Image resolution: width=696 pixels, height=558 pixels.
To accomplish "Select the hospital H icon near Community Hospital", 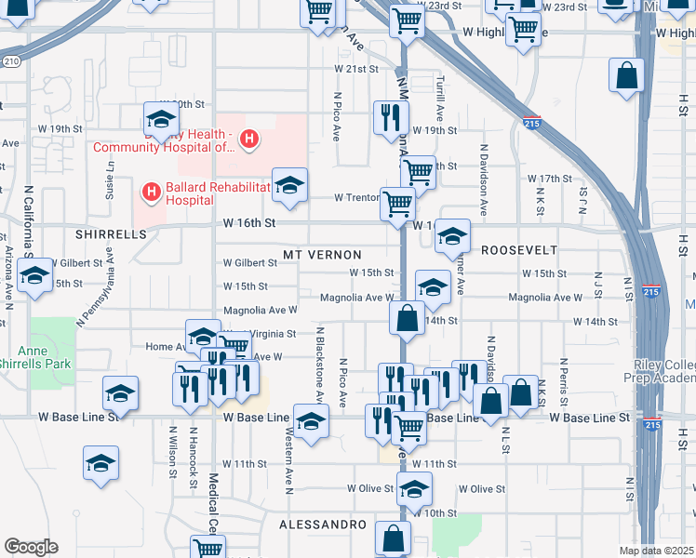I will [x=248, y=140].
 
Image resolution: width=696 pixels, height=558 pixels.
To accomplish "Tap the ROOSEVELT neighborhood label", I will [x=519, y=250].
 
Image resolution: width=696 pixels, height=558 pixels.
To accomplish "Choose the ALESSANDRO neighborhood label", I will [x=323, y=525].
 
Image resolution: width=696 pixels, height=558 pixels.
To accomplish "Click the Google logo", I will [x=31, y=547].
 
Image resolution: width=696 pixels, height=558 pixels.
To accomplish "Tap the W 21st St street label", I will [x=356, y=70].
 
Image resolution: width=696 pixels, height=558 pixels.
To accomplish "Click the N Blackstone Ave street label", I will [x=319, y=365].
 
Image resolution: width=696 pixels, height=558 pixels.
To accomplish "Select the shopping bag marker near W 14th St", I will [x=407, y=318].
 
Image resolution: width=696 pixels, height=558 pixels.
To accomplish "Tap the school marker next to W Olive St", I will [x=414, y=487].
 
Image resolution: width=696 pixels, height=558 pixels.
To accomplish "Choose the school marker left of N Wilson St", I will [x=101, y=462].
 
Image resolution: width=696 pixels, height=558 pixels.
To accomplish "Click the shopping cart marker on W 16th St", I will [x=398, y=203].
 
